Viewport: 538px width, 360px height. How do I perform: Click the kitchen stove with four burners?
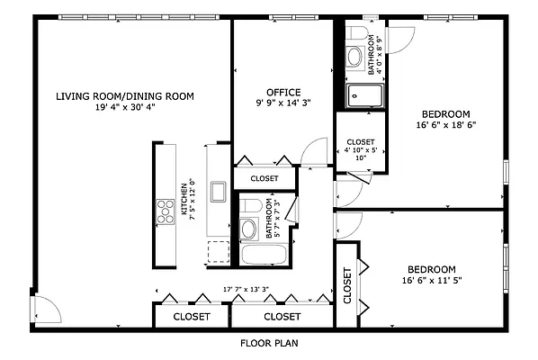tap(166, 211)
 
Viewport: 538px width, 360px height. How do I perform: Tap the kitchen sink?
tap(219, 192)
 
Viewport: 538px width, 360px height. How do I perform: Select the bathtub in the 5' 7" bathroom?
tap(264, 255)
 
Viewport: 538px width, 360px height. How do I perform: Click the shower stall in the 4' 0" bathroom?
tap(364, 95)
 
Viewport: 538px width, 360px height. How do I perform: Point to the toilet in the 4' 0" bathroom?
tap(354, 33)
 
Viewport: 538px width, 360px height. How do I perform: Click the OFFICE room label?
tap(283, 93)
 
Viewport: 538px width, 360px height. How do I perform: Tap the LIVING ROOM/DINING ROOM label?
tap(125, 96)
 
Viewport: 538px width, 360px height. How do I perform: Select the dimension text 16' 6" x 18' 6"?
tap(446, 125)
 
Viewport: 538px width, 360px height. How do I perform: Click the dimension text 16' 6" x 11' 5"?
tap(432, 281)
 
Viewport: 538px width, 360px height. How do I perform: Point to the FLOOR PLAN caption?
tap(269, 343)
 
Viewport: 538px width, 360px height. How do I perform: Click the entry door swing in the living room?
tap(47, 310)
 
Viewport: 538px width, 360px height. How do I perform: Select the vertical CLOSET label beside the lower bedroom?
tap(347, 285)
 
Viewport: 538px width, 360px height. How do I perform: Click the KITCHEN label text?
tap(184, 199)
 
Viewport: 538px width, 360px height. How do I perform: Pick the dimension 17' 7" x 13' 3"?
tap(246, 289)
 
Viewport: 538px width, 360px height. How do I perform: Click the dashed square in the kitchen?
tap(219, 252)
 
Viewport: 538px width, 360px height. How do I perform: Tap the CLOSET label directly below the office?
tap(265, 178)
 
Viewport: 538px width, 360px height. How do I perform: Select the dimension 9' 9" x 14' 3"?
tap(283, 103)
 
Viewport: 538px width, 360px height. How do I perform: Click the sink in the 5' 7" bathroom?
tap(248, 229)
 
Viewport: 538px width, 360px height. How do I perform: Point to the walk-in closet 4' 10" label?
tap(361, 149)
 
